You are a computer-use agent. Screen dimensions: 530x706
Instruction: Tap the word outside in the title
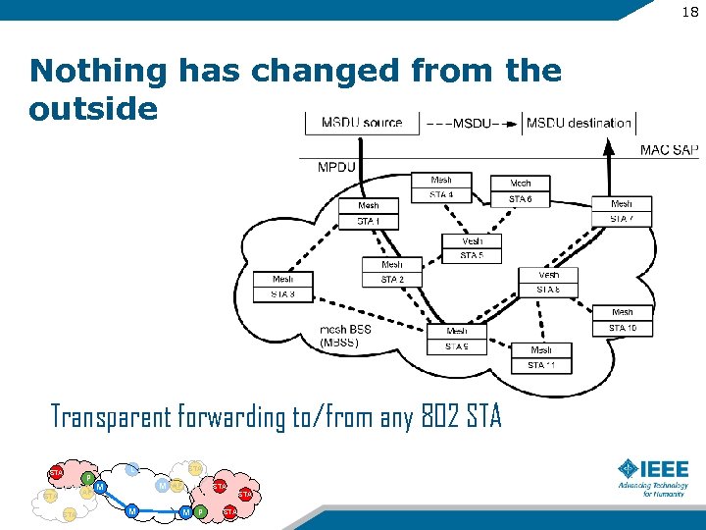[93, 108]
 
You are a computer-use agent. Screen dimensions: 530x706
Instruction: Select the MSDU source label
[362, 123]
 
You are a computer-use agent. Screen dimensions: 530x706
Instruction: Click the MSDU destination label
[579, 123]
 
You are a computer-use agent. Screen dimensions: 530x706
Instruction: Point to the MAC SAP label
[669, 150]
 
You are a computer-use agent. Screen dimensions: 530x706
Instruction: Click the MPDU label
[336, 167]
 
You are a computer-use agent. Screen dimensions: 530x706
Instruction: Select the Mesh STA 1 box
[369, 213]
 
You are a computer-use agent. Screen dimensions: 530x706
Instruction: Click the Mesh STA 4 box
[441, 187]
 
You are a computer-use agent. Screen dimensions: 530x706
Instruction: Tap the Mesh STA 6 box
[521, 191]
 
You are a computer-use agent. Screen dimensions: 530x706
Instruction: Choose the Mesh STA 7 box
[622, 211]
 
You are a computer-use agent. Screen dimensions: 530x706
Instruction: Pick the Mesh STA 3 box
[283, 287]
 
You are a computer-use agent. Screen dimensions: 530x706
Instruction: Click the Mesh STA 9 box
[457, 339]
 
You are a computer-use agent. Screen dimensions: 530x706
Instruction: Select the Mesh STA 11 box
[541, 357]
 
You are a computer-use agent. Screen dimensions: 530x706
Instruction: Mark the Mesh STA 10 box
[623, 320]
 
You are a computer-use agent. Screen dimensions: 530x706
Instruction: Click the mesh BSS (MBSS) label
[345, 336]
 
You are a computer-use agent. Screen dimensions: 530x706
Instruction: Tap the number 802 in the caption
[437, 418]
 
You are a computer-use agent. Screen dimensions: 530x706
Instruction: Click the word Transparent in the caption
[112, 418]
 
